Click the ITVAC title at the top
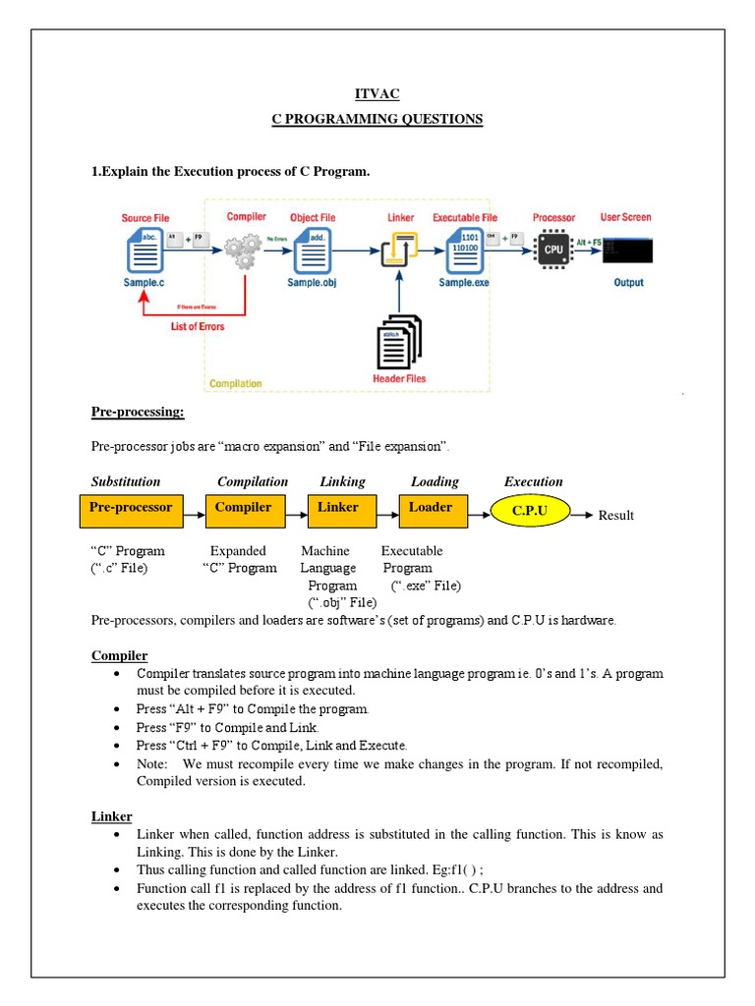[377, 93]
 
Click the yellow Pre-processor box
[131, 509]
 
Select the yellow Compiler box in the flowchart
[243, 509]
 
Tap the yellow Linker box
[337, 509]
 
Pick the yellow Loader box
[431, 509]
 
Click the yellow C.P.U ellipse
[529, 513]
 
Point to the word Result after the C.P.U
[616, 515]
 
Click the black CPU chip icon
[553, 250]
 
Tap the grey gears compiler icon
[243, 251]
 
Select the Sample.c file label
[145, 283]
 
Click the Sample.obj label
[312, 283]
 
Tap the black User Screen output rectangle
[626, 251]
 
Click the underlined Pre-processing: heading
[138, 412]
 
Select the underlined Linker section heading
[111, 816]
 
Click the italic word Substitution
[126, 481]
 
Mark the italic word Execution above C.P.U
[533, 481]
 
